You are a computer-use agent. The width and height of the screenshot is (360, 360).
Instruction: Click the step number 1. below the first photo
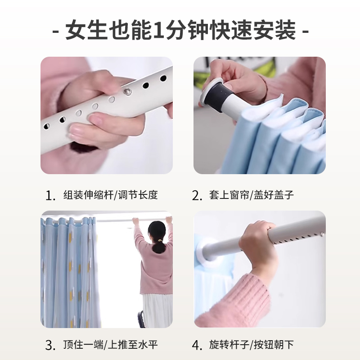pos(50,196)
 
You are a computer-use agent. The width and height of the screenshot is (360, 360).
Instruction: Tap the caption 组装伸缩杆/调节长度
pos(110,196)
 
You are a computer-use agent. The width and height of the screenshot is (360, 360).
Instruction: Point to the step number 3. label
pos(50,346)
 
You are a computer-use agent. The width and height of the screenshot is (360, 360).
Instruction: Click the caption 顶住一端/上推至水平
pos(110,346)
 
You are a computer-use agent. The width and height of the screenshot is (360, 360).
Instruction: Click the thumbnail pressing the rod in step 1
pos(97,120)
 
